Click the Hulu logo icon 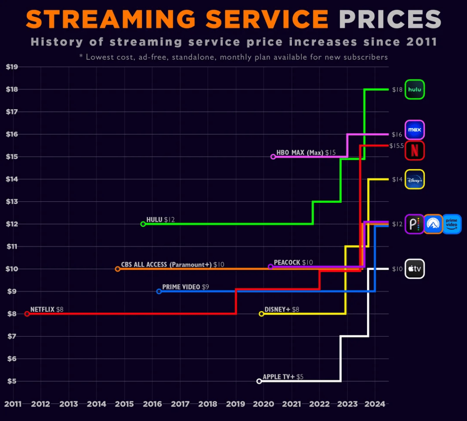[415, 89]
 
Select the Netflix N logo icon [415, 150]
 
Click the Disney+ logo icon [415, 179]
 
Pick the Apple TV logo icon [415, 269]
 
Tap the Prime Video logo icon [452, 224]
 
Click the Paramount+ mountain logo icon [433, 224]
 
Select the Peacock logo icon [414, 224]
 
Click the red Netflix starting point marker [27, 314]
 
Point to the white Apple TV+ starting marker [259, 381]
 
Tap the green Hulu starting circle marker [143, 224]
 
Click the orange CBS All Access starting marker [118, 269]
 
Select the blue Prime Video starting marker [159, 291]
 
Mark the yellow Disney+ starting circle [261, 314]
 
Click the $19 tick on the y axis [12, 67]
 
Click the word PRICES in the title [390, 19]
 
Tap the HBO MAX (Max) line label [300, 152]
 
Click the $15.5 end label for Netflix [397, 146]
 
